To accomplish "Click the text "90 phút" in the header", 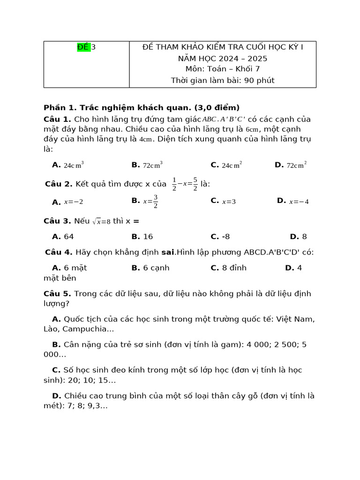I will (259, 81).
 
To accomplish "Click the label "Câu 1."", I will (58, 119).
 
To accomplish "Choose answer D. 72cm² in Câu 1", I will (291, 165).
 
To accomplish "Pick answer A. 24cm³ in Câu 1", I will (68, 165).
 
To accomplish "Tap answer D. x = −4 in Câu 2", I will (293, 202).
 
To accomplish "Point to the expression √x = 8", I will (101, 221).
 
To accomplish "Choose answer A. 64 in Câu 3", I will (63, 237).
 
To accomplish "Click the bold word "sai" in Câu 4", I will (168, 252).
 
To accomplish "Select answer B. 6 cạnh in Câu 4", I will (150, 268).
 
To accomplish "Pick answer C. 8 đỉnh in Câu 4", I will (229, 268).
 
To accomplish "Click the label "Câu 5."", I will (58, 294).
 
